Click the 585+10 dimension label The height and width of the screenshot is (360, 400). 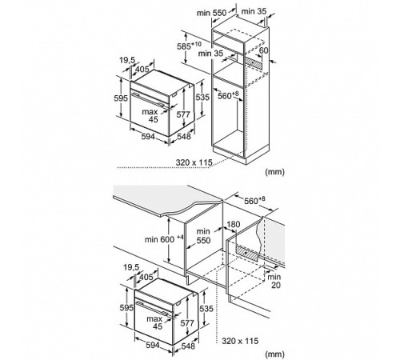190,46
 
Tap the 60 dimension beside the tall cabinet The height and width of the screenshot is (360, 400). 263,50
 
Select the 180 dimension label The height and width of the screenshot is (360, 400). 234,225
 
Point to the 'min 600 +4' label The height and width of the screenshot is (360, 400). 164,239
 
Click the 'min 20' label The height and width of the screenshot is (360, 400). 275,281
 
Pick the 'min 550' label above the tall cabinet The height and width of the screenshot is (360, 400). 211,13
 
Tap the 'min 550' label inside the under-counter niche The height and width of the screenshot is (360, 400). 203,236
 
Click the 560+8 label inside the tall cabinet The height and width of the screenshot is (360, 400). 228,95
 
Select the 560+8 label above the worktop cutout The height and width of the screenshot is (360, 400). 254,200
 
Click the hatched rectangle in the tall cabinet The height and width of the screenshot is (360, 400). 254,63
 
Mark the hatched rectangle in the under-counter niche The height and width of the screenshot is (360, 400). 247,254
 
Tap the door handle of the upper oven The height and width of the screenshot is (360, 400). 150,102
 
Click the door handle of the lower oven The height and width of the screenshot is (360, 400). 154,310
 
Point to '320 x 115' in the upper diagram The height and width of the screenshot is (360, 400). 194,162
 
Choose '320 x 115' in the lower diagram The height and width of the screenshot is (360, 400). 240,341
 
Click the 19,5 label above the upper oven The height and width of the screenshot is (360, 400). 127,60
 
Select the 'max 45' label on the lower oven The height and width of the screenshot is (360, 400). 154,322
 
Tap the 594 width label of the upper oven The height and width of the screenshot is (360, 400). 148,137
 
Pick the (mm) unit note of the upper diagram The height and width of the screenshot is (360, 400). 274,172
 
